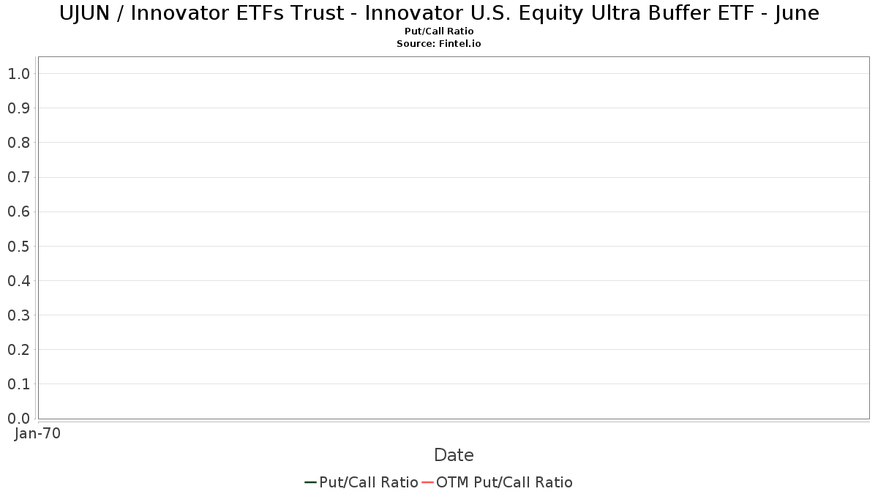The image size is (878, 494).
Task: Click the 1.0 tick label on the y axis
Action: point(19,74)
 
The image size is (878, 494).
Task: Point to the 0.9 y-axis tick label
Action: point(19,108)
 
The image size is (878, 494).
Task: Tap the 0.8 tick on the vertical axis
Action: point(19,143)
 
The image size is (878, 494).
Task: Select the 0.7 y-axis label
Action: point(19,177)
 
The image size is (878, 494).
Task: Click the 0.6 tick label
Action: point(19,212)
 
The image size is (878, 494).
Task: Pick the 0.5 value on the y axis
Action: point(19,246)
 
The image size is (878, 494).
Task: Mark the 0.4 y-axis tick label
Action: point(19,281)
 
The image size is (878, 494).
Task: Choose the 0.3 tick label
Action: point(19,315)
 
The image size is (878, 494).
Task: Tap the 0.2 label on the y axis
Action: point(19,350)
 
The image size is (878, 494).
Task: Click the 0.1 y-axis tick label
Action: point(19,384)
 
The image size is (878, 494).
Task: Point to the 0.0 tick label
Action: point(19,419)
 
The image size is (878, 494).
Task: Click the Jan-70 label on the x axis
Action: point(37,434)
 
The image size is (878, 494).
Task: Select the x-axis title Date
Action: point(454,455)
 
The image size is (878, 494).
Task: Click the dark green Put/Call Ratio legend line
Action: point(310,482)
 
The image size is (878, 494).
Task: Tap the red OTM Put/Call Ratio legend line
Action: point(427,482)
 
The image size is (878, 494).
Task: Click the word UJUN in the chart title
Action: point(84,13)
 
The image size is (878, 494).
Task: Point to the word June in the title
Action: point(797,13)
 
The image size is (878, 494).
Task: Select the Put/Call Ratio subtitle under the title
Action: point(439,31)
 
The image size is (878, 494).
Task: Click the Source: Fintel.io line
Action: point(439,43)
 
